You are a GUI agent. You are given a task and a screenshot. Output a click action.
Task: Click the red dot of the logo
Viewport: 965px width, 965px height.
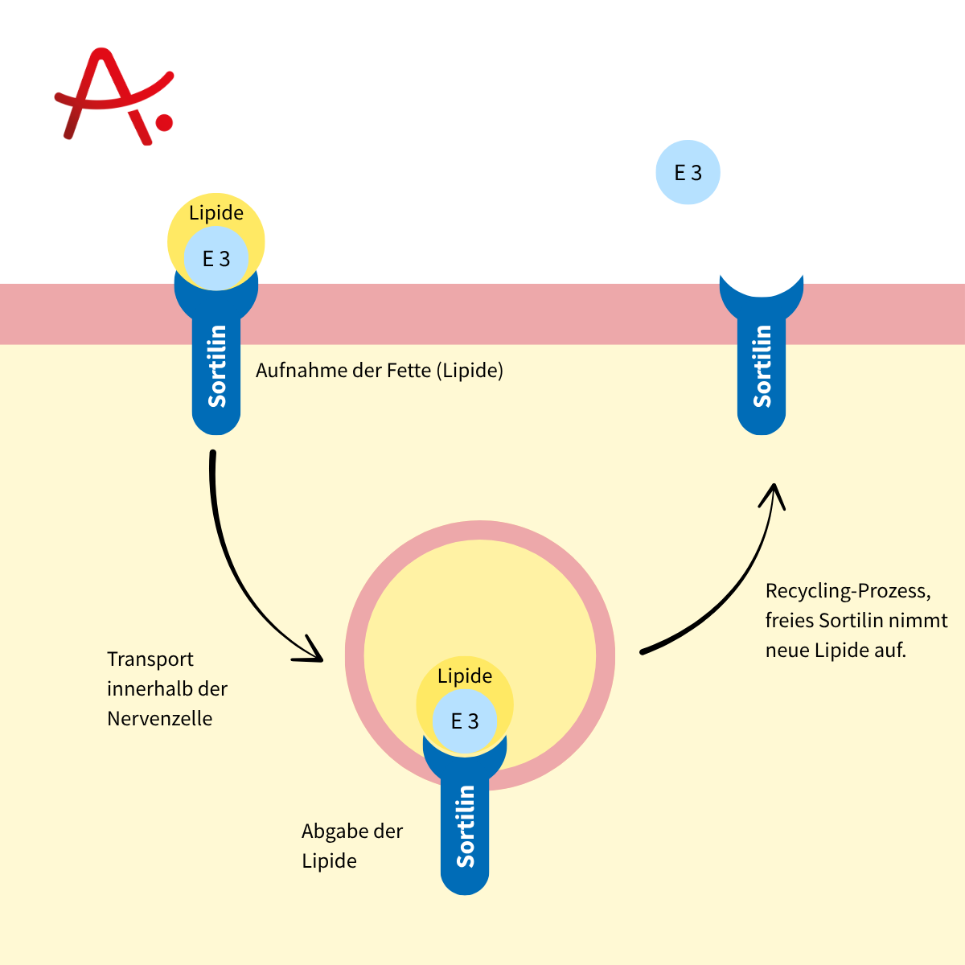[x=164, y=122]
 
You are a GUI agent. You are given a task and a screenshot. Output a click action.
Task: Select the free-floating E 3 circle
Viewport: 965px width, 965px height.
[x=688, y=172]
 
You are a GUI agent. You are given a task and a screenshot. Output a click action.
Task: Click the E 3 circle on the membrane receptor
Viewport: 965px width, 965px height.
[x=216, y=259]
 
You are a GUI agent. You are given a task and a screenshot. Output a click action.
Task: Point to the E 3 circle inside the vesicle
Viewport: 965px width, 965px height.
[x=465, y=721]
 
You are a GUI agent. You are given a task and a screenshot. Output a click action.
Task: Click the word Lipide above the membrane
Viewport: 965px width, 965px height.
[x=216, y=213]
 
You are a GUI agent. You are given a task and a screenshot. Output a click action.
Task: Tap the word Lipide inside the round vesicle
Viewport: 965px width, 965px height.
[x=465, y=676]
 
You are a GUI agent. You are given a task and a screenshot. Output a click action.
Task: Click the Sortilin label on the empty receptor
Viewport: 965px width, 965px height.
[x=762, y=367]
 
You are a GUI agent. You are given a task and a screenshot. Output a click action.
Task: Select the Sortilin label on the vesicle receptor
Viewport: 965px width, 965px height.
[x=465, y=827]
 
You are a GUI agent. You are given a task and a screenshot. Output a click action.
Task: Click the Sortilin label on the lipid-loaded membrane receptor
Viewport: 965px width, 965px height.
[x=216, y=367]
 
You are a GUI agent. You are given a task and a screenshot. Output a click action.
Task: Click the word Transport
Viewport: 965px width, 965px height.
[x=150, y=659]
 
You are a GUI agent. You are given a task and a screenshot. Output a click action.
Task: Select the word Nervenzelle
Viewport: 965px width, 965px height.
[x=160, y=719]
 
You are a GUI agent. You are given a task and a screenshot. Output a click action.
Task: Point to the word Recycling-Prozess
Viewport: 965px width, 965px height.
[x=848, y=592]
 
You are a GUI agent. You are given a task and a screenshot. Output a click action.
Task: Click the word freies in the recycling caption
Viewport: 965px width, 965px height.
[x=789, y=621]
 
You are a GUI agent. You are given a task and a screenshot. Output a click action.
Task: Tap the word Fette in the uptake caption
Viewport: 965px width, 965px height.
[x=409, y=371]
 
